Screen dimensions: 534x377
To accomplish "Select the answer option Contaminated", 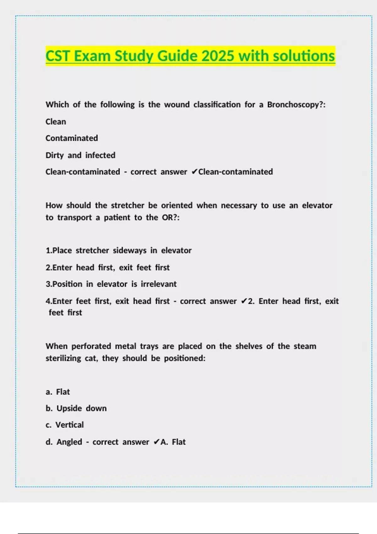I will (x=72, y=138).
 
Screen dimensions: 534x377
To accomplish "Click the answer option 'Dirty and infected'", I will (x=80, y=155).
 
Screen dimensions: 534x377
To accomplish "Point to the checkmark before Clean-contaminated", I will (x=194, y=172).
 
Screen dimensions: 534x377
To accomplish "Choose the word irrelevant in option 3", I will (x=158, y=284).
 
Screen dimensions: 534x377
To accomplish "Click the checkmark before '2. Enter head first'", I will (x=244, y=301).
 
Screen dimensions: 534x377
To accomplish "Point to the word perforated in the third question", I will (x=91, y=346).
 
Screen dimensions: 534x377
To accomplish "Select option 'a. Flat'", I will (x=58, y=392).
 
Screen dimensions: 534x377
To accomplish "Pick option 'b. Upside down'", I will (x=76, y=408).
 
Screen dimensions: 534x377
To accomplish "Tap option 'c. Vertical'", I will (x=65, y=425).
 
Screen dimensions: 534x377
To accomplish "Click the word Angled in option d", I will (x=69, y=442).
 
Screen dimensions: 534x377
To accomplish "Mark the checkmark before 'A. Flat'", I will (x=156, y=442).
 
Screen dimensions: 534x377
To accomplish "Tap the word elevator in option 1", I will (x=176, y=250).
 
